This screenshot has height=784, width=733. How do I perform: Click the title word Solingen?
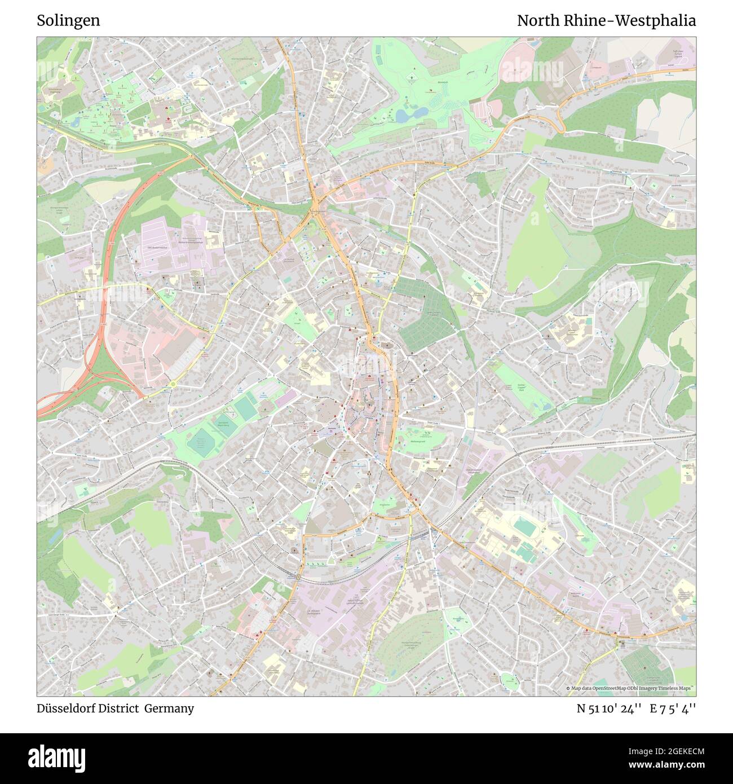[68, 21]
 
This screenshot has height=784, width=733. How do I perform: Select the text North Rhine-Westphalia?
[606, 21]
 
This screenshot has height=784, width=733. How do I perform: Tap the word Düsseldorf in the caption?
[70, 708]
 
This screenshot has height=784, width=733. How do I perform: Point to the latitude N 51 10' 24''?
[609, 709]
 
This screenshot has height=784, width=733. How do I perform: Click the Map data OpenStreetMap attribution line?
[630, 688]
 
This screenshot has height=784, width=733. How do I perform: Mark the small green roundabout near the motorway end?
[173, 384]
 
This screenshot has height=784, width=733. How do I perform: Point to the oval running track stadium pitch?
[525, 527]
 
